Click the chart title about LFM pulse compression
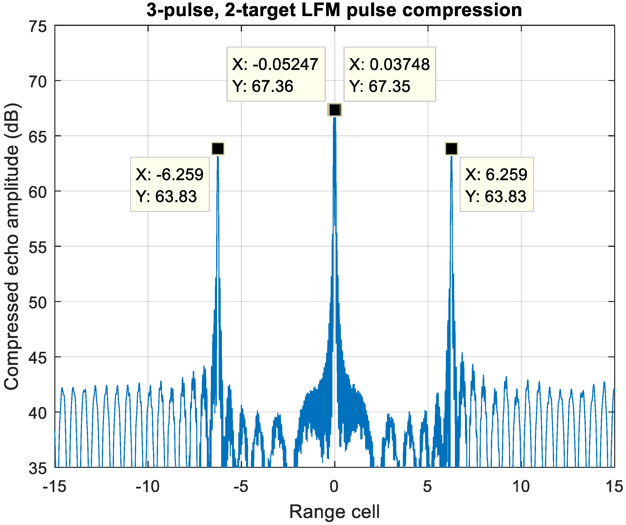pyautogui.click(x=334, y=10)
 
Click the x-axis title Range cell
pyautogui.click(x=334, y=512)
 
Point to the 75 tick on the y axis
pyautogui.click(x=38, y=27)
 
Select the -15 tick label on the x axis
pyautogui.click(x=54, y=487)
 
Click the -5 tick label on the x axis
pyautogui.click(x=241, y=487)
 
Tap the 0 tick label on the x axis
pyautogui.click(x=334, y=487)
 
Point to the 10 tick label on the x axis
pyautogui.click(x=521, y=487)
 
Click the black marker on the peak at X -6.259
pyautogui.click(x=218, y=148)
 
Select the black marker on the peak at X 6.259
pyautogui.click(x=451, y=148)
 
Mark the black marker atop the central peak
pyautogui.click(x=334, y=110)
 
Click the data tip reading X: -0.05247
pyautogui.click(x=276, y=74)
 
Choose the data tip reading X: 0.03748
pyautogui.click(x=389, y=74)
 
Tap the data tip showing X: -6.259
pyautogui.click(x=170, y=184)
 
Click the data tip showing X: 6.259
pyautogui.click(x=497, y=184)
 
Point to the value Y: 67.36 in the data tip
pyautogui.click(x=263, y=87)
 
